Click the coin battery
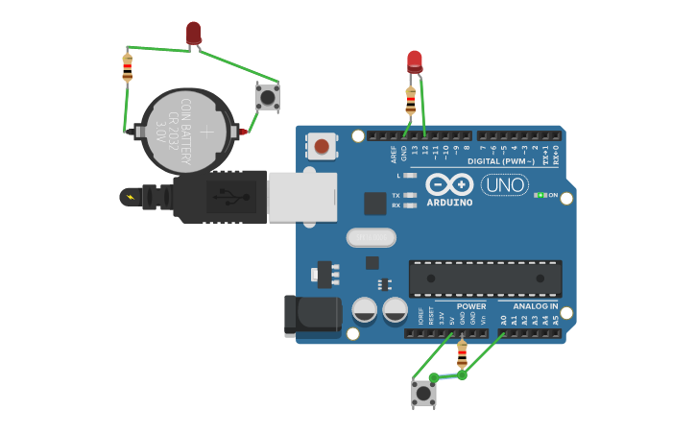tap(187, 131)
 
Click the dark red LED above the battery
tap(194, 33)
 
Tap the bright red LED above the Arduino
tap(414, 60)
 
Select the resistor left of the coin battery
tap(128, 67)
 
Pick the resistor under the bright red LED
tap(411, 100)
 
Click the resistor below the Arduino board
tap(462, 353)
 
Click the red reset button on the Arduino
tap(322, 147)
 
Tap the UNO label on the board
tap(504, 184)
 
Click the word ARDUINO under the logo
tap(449, 203)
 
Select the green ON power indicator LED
tap(541, 195)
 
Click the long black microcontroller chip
tap(485, 278)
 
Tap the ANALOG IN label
tap(535, 306)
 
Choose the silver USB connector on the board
tap(302, 197)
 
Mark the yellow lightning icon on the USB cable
tap(129, 197)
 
